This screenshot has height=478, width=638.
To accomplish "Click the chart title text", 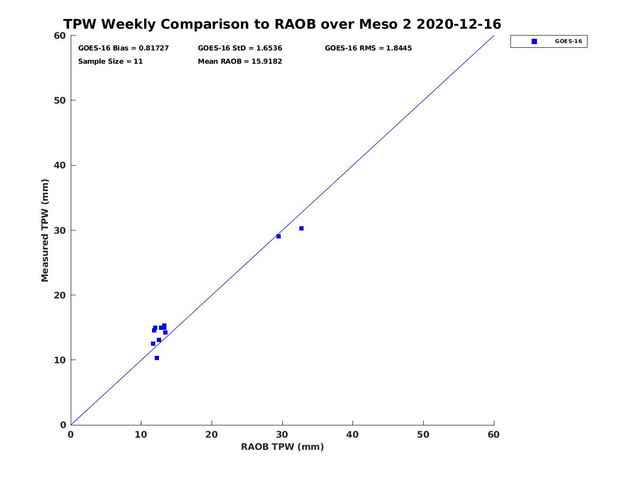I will [x=282, y=24].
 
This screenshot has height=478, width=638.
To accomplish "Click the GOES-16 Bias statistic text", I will [x=123, y=48].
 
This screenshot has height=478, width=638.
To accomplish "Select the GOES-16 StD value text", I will [x=240, y=48].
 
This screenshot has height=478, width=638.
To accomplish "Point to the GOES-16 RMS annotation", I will [x=368, y=48].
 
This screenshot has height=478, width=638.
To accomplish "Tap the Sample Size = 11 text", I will [x=111, y=62].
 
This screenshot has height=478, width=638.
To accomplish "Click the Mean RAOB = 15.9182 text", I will [x=240, y=62].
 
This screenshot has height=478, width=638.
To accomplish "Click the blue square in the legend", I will [x=534, y=41].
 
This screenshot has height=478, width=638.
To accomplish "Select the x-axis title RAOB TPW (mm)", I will [x=282, y=447].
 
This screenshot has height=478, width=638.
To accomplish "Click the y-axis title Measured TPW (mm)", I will [x=45, y=230].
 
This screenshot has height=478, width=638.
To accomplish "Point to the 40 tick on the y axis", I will [x=61, y=166].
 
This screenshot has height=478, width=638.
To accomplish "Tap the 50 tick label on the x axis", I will [x=423, y=435].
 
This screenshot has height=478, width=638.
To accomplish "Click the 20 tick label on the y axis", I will [x=61, y=295].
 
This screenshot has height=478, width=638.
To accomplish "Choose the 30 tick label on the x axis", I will [x=282, y=435].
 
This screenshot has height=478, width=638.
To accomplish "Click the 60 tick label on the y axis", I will [x=61, y=36].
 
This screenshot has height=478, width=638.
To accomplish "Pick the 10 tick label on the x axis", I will [x=141, y=435].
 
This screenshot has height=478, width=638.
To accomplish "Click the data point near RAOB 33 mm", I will [x=301, y=228].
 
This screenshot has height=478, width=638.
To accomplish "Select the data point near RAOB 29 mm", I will [x=279, y=236].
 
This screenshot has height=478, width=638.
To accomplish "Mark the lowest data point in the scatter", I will [x=157, y=358].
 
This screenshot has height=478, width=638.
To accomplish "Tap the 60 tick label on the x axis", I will [x=493, y=435].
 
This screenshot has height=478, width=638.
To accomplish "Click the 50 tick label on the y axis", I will [x=61, y=101].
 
